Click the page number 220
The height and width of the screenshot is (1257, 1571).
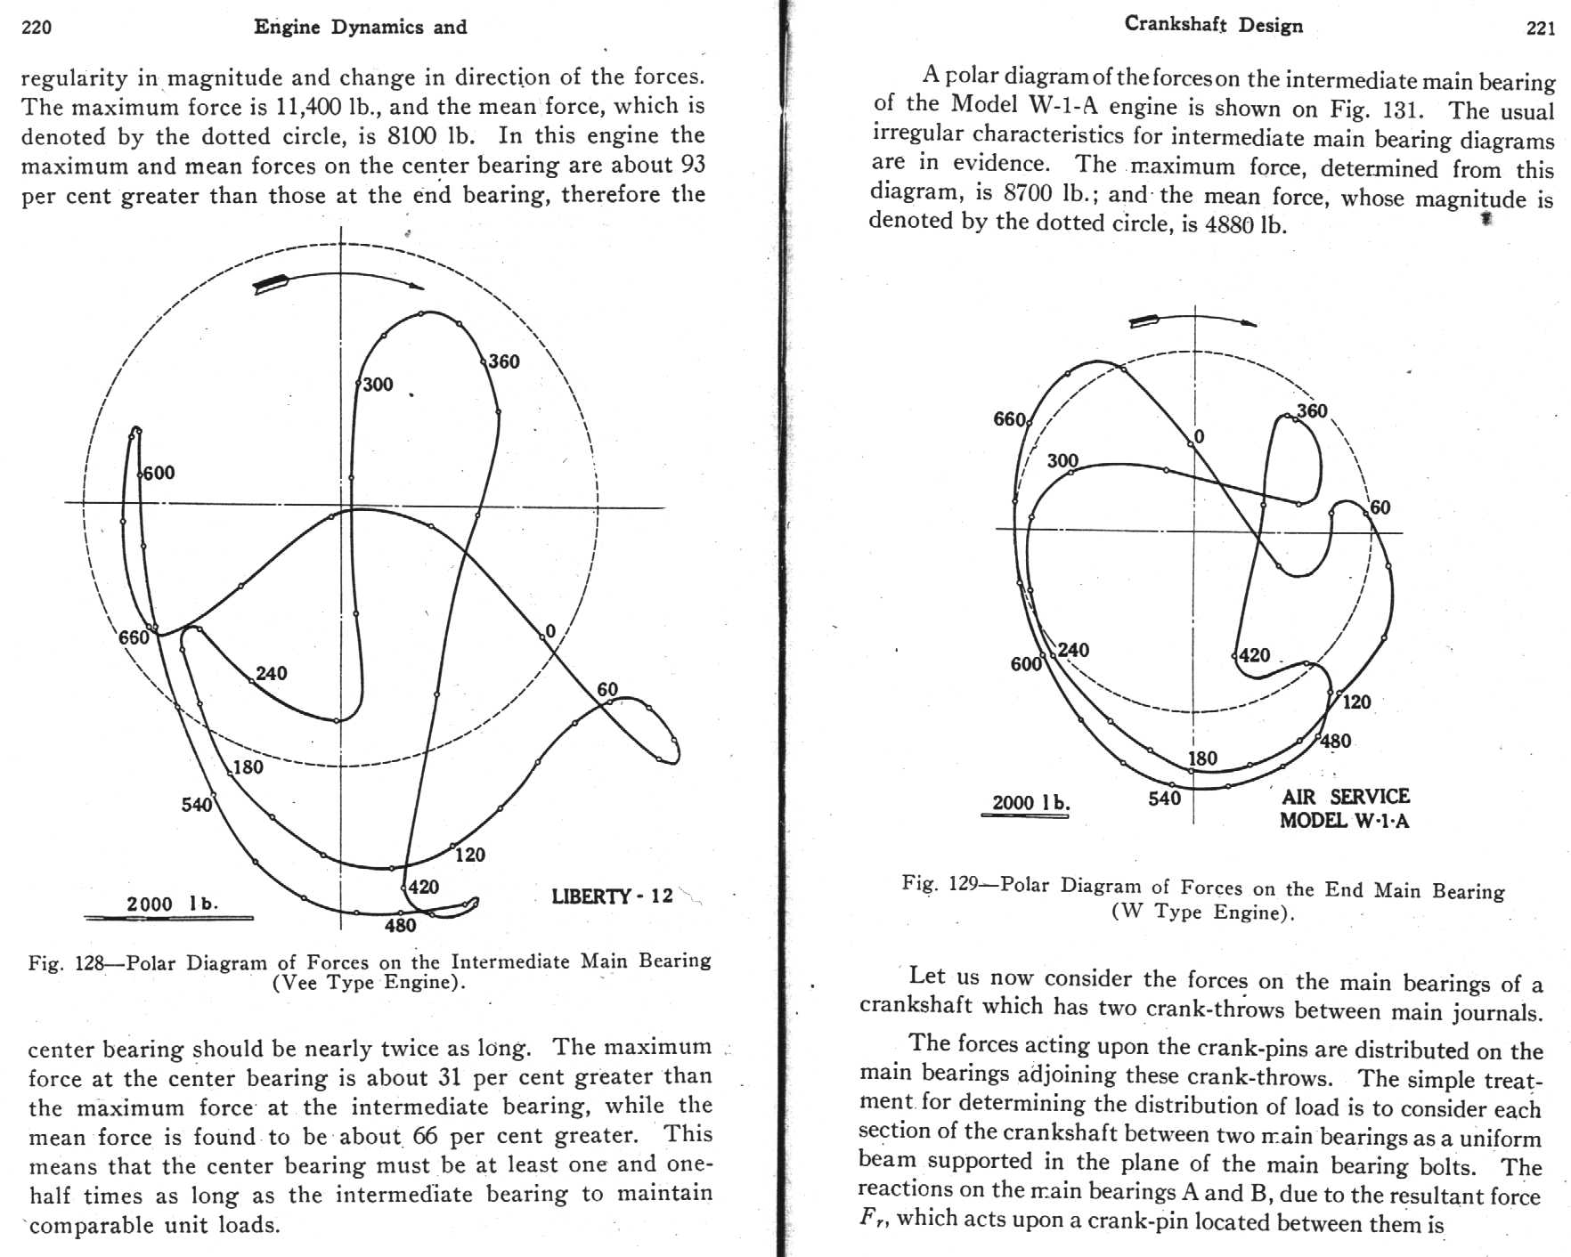click(x=37, y=28)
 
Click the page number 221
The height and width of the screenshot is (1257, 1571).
click(x=1540, y=28)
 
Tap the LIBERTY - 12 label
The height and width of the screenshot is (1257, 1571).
click(x=612, y=896)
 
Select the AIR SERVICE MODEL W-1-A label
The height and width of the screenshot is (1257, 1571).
click(x=1345, y=808)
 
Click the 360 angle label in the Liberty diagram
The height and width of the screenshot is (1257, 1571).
click(x=504, y=361)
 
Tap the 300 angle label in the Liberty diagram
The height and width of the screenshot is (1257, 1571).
click(x=378, y=385)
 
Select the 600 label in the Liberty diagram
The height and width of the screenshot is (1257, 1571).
click(x=159, y=473)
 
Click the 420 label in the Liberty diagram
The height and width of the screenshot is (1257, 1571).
click(x=424, y=887)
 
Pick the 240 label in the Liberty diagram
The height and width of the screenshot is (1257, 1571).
click(x=272, y=673)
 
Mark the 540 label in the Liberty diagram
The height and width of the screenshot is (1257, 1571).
click(x=197, y=805)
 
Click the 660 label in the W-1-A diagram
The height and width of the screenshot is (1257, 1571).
click(x=1009, y=419)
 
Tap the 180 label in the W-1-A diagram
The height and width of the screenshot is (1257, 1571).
click(x=1202, y=758)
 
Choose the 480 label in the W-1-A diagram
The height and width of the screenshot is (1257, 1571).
click(x=1336, y=741)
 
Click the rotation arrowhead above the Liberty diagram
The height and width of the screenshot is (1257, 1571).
click(x=416, y=286)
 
